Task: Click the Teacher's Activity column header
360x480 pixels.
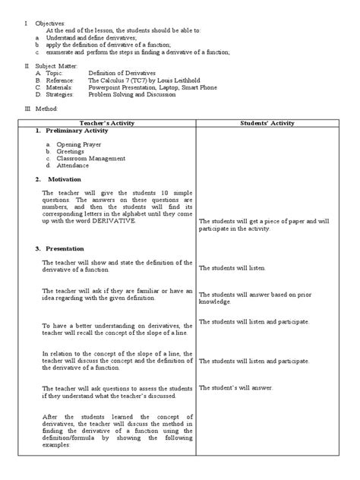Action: pos(105,122)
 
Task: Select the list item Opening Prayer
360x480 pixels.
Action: pos(79,144)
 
